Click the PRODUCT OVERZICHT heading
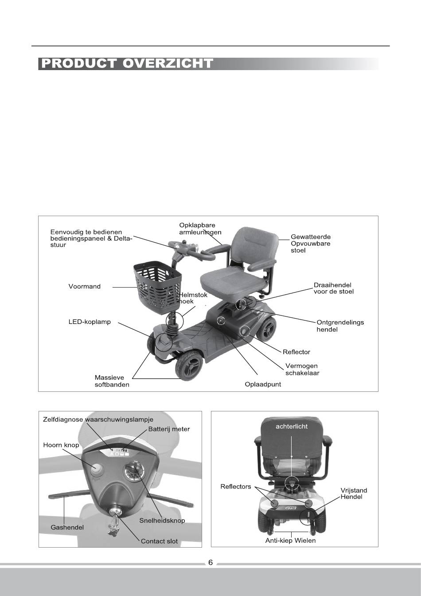[x=126, y=63]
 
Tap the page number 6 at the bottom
[x=210, y=563]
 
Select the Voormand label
[x=84, y=286]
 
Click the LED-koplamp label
[x=90, y=322]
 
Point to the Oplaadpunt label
[x=263, y=384]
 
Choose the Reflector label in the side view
[x=296, y=352]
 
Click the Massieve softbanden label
[x=112, y=381]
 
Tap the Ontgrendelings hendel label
[x=340, y=326]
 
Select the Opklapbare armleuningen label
[x=200, y=229]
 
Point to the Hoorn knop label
[x=61, y=445]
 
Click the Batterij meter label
[x=169, y=429]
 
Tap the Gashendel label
[x=67, y=527]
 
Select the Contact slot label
[x=159, y=541]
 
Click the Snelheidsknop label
[x=162, y=521]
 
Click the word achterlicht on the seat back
[x=292, y=426]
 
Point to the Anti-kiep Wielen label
[x=290, y=541]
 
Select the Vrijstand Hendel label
[x=354, y=493]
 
